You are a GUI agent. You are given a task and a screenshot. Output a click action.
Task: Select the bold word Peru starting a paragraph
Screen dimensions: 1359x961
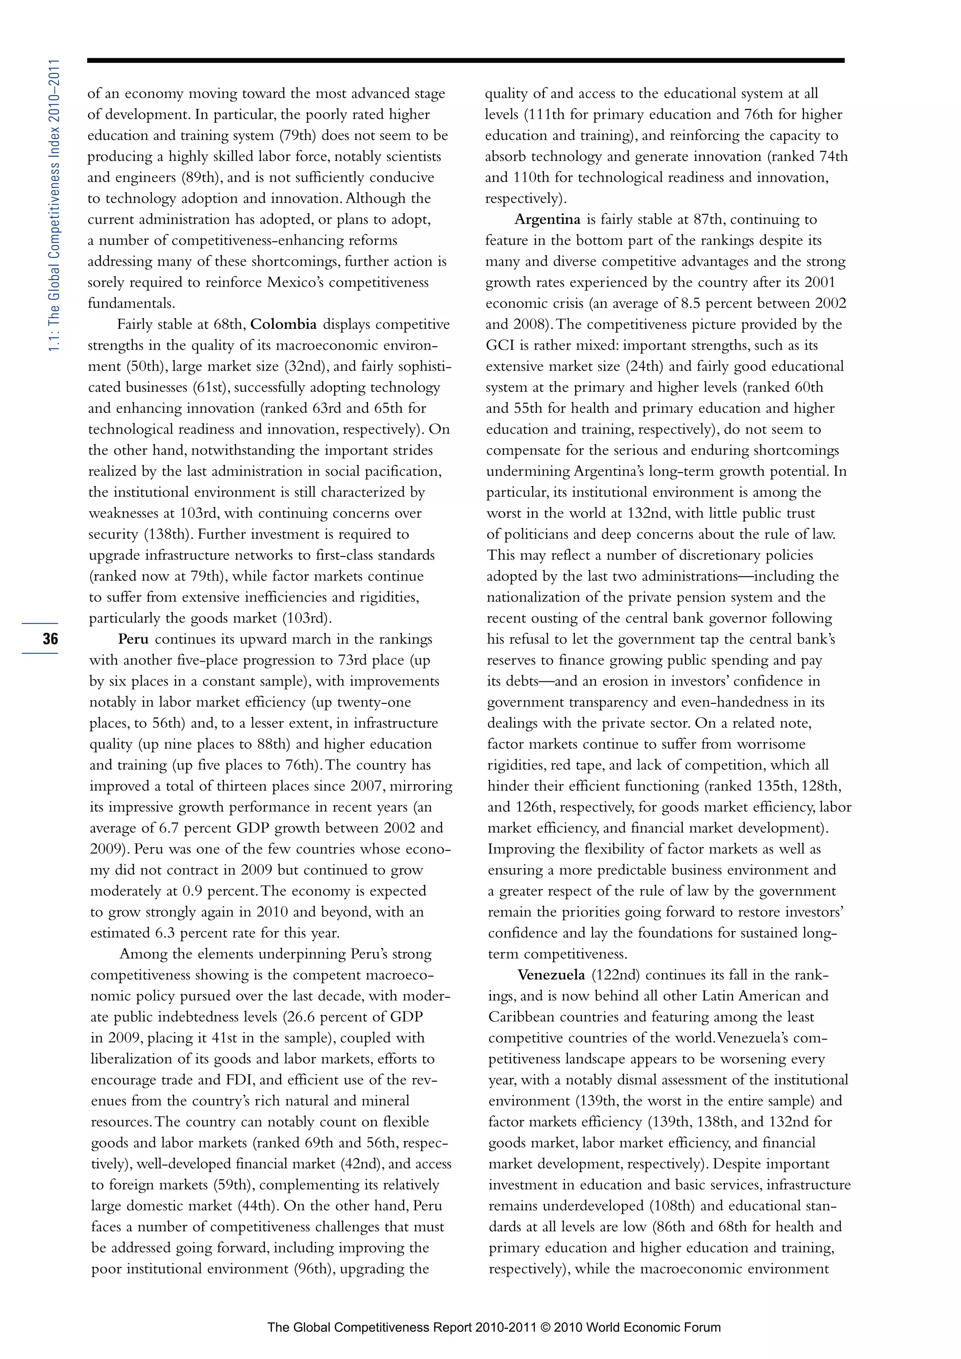click(x=133, y=639)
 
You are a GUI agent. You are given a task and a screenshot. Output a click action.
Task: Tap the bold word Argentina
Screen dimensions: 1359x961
click(x=548, y=220)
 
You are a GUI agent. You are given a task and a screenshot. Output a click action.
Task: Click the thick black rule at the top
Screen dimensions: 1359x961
click(x=465, y=61)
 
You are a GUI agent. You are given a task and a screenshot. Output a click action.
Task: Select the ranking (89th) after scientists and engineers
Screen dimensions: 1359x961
click(x=199, y=177)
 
